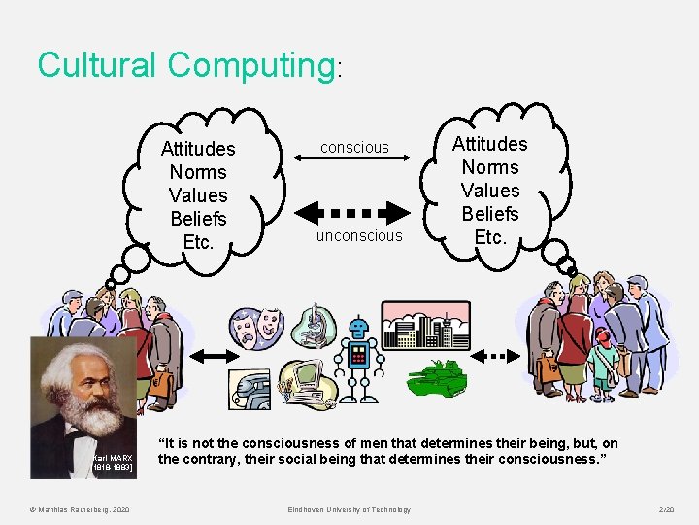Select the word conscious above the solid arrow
point(354,148)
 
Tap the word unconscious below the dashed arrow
point(359,236)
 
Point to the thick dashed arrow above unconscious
point(354,213)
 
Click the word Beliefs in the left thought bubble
point(198,219)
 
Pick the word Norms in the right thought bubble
point(490,167)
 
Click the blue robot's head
point(360,329)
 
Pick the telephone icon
point(250,388)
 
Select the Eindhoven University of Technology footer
point(349,509)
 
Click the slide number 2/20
point(665,509)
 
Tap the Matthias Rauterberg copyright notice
point(86,509)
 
